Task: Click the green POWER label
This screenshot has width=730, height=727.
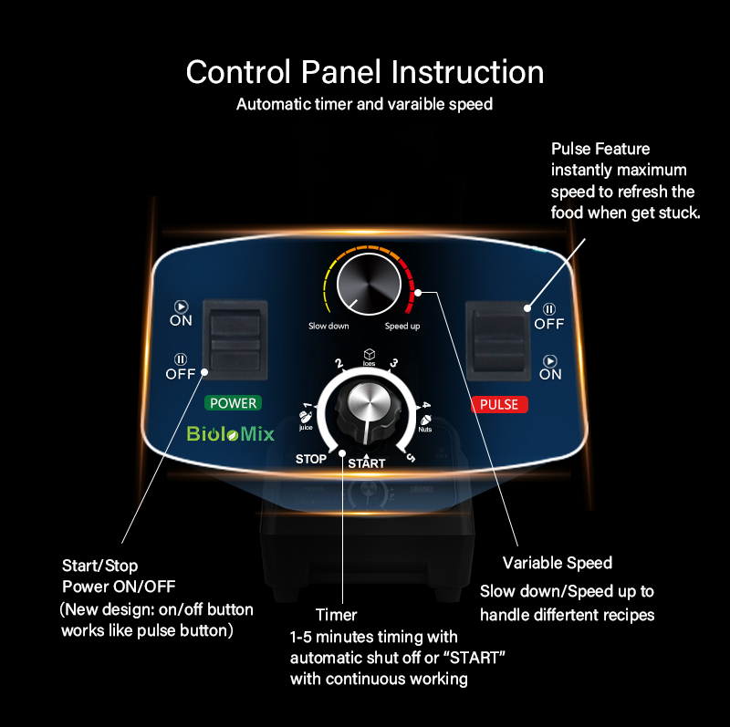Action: click(233, 403)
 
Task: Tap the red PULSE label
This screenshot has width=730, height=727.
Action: click(499, 404)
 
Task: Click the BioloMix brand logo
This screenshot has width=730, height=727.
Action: click(231, 434)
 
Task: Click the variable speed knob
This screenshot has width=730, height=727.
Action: click(369, 284)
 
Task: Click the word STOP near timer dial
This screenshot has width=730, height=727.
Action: click(311, 459)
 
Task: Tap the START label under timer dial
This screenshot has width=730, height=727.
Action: click(367, 463)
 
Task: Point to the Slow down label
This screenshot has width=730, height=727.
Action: click(328, 326)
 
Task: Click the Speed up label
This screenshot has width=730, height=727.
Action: click(402, 326)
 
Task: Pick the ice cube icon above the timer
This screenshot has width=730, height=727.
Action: click(370, 354)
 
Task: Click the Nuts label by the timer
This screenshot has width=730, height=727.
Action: click(425, 429)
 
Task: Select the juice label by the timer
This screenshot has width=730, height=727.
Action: click(306, 427)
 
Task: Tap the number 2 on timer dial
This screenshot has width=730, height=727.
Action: click(339, 363)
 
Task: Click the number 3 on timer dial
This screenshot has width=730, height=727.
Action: click(394, 362)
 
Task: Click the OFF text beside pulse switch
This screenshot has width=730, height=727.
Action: click(549, 324)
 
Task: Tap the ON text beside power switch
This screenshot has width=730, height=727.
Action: click(181, 320)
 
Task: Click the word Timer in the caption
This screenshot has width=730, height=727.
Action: click(336, 615)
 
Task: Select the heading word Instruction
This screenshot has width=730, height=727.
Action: click(467, 72)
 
